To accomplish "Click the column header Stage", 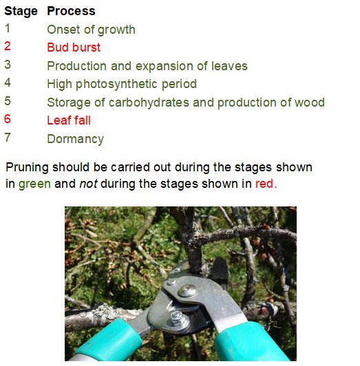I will click(x=21, y=11).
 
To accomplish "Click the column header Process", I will click(x=71, y=11).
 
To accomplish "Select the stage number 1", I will click(x=8, y=29).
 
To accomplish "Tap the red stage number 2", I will click(x=8, y=47).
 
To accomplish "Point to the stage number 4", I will click(x=8, y=83).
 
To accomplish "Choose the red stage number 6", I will click(x=8, y=120).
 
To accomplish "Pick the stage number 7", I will click(x=8, y=138).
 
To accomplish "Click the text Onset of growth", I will click(x=91, y=30).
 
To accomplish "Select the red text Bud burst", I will click(x=74, y=47).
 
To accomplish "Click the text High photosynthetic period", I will click(x=121, y=84).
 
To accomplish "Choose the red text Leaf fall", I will click(x=69, y=120).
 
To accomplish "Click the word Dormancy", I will click(x=75, y=139).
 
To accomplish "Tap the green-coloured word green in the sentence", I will click(x=34, y=184).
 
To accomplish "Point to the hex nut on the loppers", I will click(x=178, y=318).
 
